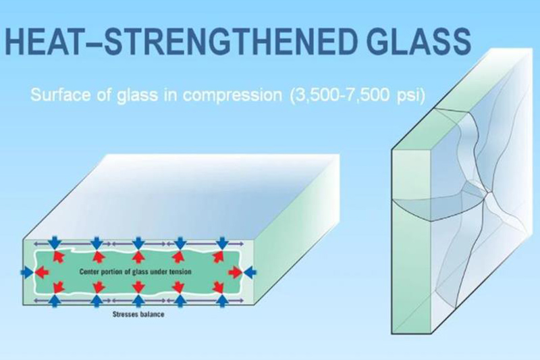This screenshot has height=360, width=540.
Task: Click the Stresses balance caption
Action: pyautogui.click(x=138, y=314)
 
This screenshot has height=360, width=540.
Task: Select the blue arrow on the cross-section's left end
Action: pyautogui.click(x=27, y=272)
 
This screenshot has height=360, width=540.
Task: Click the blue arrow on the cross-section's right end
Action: pyautogui.click(x=250, y=272)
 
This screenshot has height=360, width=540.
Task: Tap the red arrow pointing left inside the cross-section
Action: pyautogui.click(x=42, y=272)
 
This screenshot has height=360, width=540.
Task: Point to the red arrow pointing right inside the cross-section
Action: pyautogui.click(x=236, y=272)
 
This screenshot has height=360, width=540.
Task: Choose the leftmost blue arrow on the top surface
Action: pyautogui.click(x=55, y=243)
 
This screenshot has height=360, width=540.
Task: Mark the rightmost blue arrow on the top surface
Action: pyautogui.click(x=223, y=243)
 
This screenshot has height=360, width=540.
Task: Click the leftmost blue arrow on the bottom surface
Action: pyautogui.click(x=55, y=301)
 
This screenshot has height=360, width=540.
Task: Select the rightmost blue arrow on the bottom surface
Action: pyautogui.click(x=223, y=301)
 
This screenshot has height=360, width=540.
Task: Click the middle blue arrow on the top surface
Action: pyautogui.click(x=138, y=243)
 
